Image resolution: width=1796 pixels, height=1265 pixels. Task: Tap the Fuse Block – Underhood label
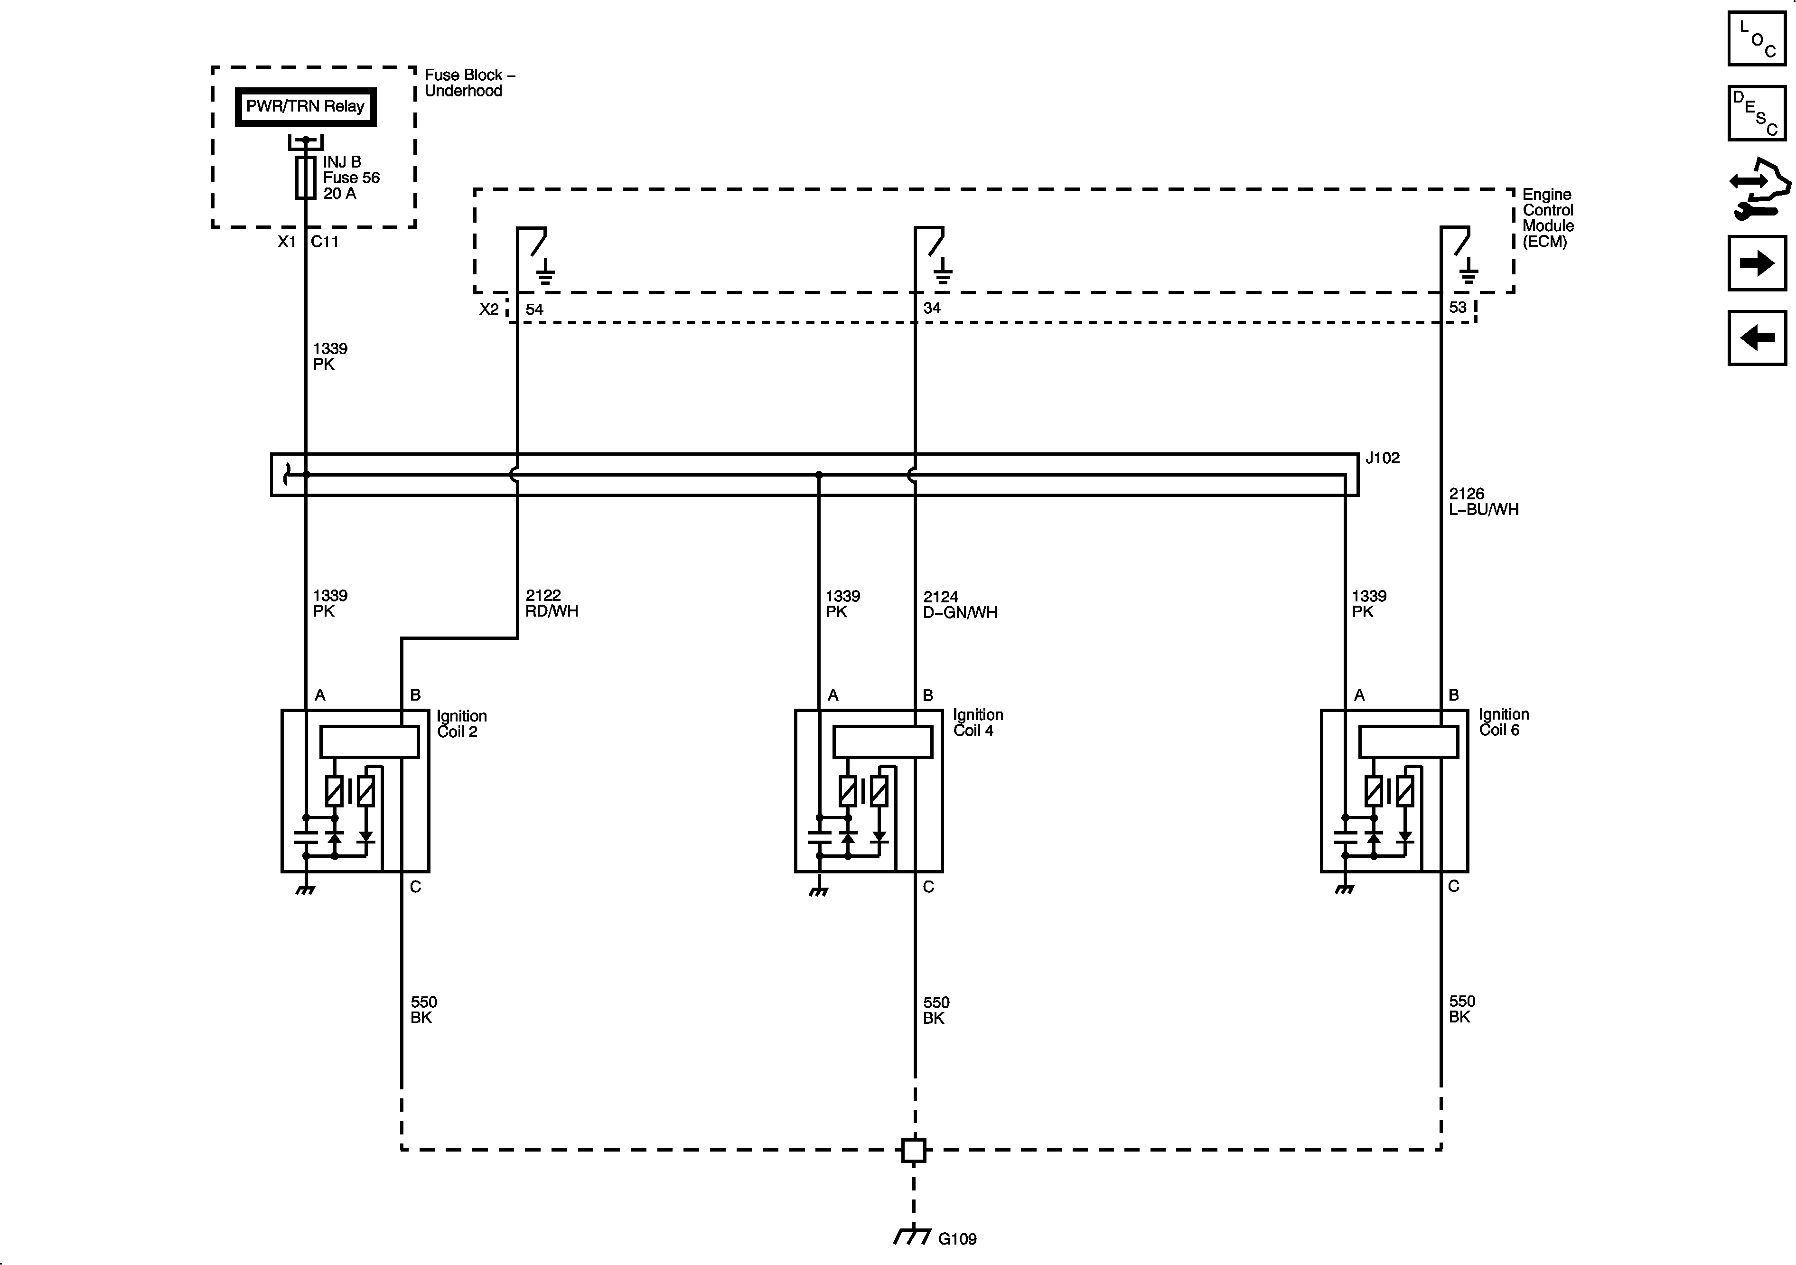tap(469, 83)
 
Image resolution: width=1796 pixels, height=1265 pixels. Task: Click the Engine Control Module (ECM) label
tap(1547, 217)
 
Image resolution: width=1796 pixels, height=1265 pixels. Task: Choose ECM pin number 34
tap(932, 308)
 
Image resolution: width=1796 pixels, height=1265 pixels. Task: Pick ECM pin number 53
tap(1457, 308)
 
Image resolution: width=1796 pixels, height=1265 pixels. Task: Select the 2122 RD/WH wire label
tap(552, 603)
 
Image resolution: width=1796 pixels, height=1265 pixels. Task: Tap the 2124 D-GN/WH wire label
tap(960, 605)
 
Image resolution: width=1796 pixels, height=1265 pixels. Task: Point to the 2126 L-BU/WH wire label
tap(1483, 501)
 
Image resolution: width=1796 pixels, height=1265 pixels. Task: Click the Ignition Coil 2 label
tap(461, 724)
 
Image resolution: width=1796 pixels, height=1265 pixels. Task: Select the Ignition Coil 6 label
tap(1504, 722)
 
